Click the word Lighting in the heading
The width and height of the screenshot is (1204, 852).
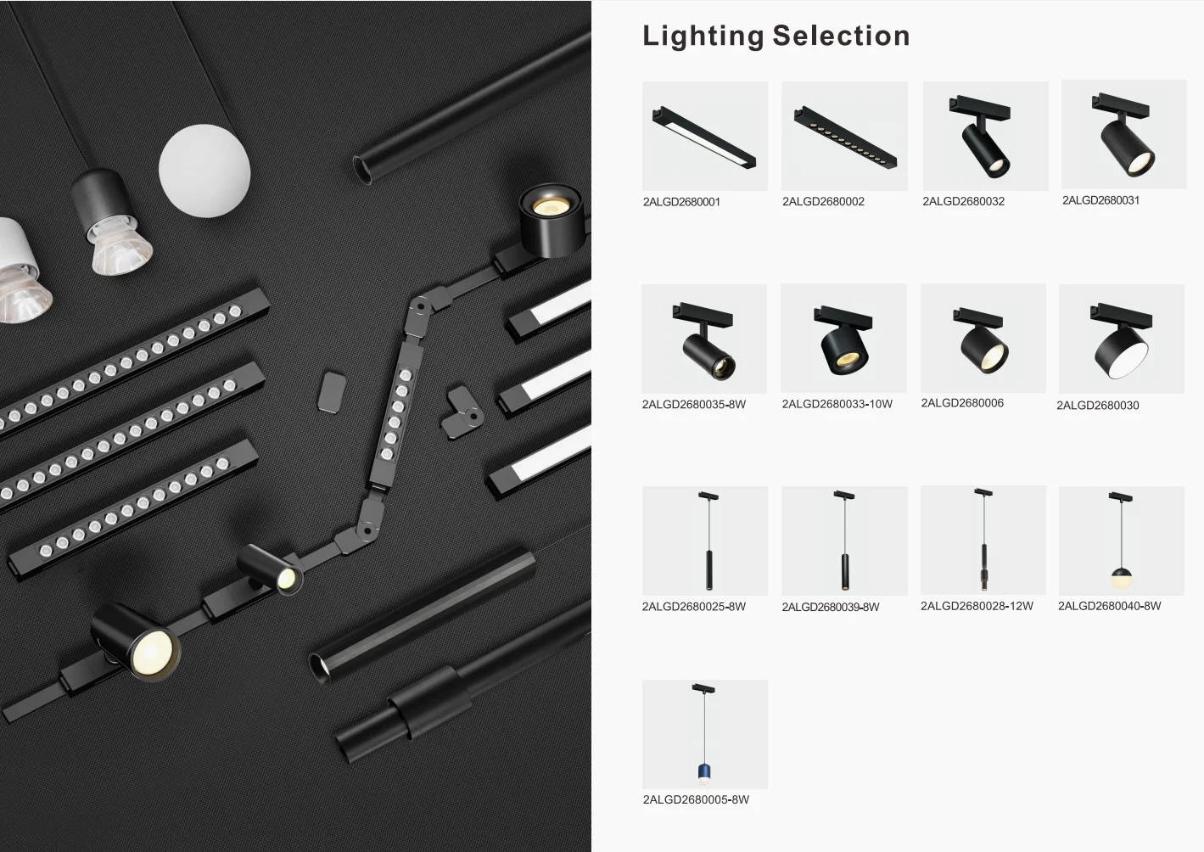[703, 36]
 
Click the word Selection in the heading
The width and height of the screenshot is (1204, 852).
[841, 36]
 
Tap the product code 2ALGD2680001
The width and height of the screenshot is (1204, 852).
[681, 202]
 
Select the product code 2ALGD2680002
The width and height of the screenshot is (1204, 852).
[823, 202]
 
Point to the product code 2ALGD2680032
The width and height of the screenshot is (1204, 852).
[963, 202]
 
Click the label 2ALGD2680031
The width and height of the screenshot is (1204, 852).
[1100, 201]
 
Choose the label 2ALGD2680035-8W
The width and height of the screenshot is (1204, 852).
[693, 405]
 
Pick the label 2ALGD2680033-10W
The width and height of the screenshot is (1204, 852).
[837, 405]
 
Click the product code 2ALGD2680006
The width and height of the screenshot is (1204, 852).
[961, 404]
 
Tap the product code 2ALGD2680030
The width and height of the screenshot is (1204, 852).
[1097, 406]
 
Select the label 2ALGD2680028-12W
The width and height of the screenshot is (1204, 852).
[977, 607]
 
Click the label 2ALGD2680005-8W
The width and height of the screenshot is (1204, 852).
[696, 800]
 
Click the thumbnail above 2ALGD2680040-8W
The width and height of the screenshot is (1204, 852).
[1121, 541]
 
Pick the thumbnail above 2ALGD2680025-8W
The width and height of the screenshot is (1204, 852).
[705, 541]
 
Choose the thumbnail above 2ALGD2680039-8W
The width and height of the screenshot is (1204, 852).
[844, 541]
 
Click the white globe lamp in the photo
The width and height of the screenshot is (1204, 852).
[204, 170]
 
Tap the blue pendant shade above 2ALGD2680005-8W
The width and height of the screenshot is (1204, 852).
[703, 771]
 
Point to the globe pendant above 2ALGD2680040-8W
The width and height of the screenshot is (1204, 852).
[1121, 579]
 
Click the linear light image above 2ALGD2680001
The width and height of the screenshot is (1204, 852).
[705, 136]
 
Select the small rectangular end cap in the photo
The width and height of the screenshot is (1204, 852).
[332, 390]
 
